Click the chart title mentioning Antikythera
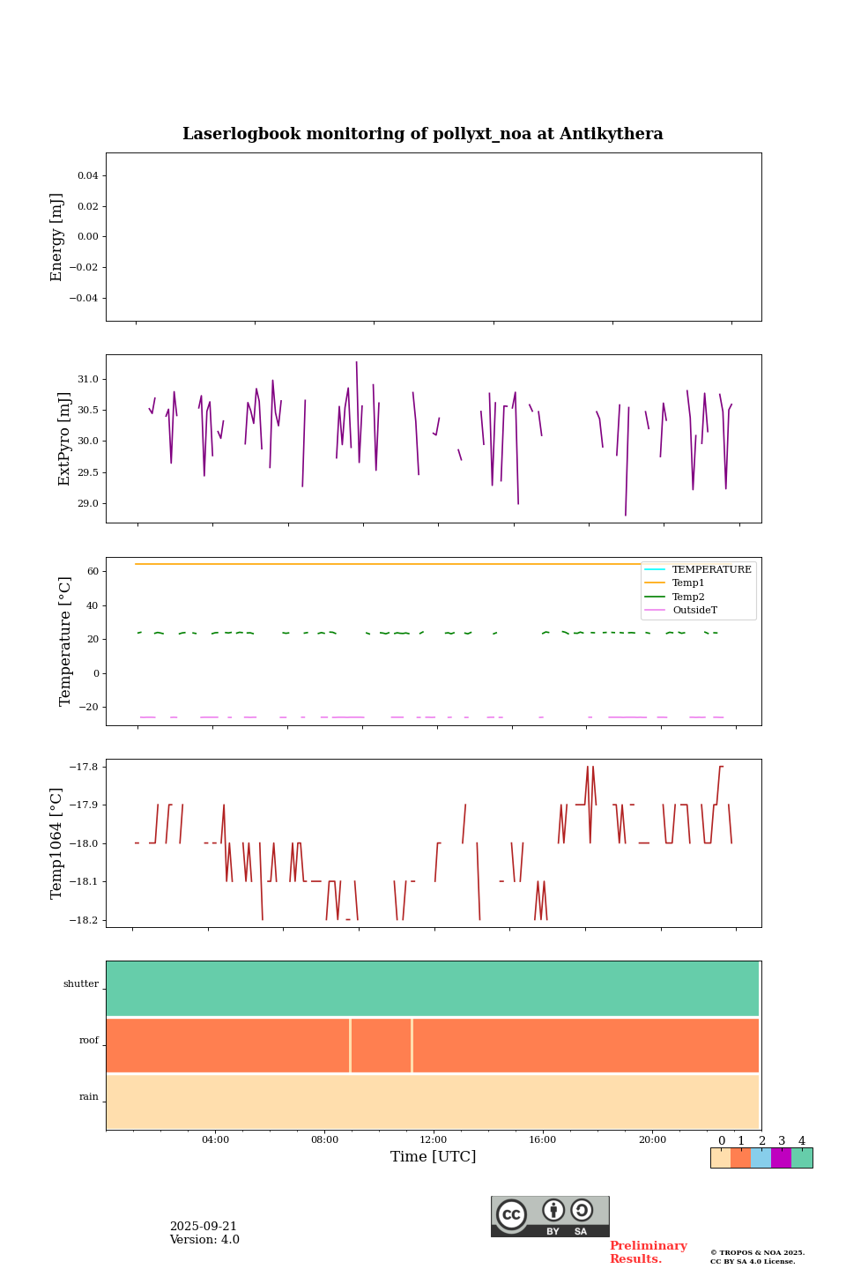click(x=422, y=134)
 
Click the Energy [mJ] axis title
click(x=57, y=237)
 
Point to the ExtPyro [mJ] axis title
click(x=64, y=439)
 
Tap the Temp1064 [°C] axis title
click(x=57, y=842)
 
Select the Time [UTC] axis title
click(x=433, y=1156)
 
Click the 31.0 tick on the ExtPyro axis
click(x=88, y=380)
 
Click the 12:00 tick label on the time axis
click(x=433, y=1140)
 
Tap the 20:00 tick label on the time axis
click(x=652, y=1140)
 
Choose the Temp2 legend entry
click(x=688, y=597)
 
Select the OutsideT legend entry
click(x=694, y=610)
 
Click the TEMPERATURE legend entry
click(x=711, y=570)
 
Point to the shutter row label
click(x=81, y=984)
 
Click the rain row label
click(x=89, y=1097)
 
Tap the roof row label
click(x=89, y=1041)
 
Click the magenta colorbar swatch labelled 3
click(x=781, y=1158)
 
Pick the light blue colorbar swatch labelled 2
click(x=761, y=1158)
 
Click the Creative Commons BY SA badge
click(x=550, y=1216)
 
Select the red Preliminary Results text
click(x=648, y=1252)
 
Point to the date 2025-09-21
click(x=204, y=1227)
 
